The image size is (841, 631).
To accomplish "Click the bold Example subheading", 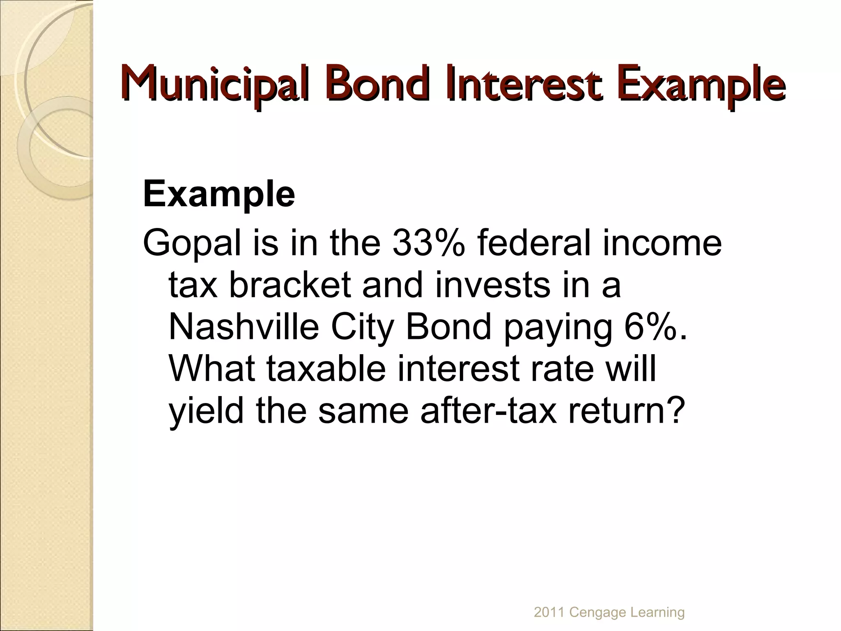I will click(219, 194).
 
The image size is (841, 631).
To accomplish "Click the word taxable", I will click(326, 368).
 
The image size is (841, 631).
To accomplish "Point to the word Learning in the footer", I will click(657, 613).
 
